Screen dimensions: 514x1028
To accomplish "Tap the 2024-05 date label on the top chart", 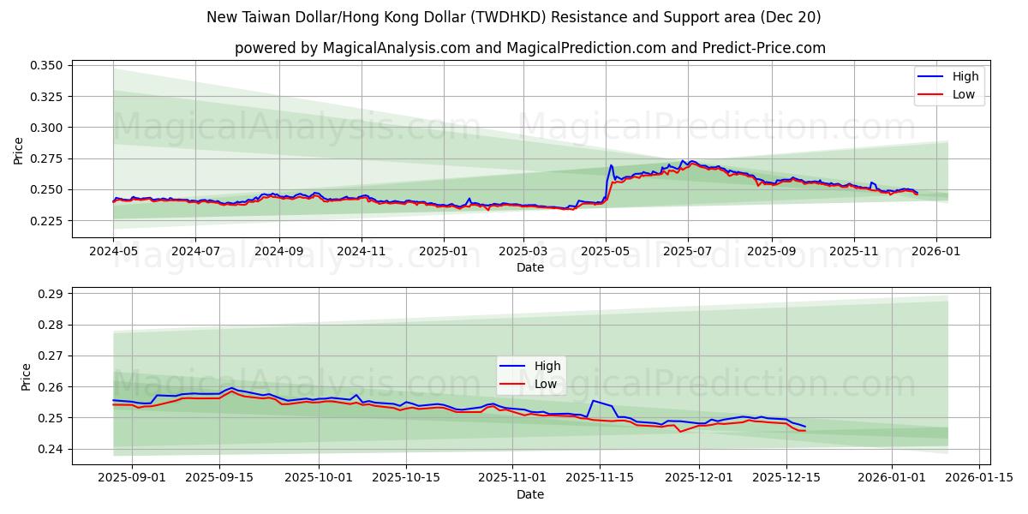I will click(113, 253).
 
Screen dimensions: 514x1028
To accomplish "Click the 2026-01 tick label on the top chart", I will click(935, 253).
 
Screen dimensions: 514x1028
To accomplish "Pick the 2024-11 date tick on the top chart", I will click(361, 253).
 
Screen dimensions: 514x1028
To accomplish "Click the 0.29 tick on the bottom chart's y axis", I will click(51, 294).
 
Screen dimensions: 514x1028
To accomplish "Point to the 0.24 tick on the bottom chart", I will click(51, 449).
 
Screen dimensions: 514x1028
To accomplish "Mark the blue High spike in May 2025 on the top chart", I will click(611, 165).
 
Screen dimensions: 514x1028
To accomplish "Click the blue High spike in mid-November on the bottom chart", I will click(593, 401).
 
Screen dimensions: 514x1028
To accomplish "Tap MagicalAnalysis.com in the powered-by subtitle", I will click(395, 48).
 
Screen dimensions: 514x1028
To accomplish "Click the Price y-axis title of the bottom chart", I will click(26, 377).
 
